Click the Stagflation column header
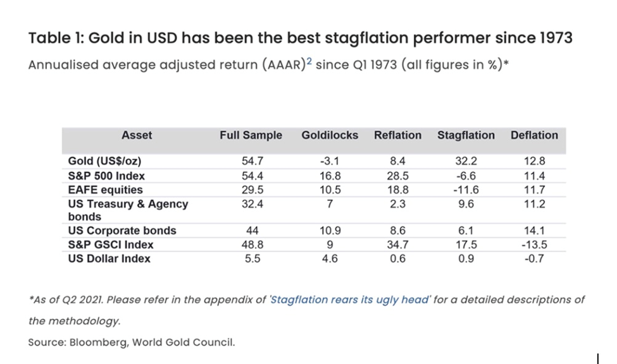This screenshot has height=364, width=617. coord(466,135)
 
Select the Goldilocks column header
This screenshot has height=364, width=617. coord(329,135)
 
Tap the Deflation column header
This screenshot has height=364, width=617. coord(534,135)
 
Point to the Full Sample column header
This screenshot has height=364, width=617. coord(251,135)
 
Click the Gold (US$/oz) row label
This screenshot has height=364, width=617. coord(104,162)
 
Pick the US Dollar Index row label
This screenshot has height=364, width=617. coord(109,258)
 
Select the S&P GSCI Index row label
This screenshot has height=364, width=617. coord(111,245)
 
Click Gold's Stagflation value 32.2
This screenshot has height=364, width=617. coord(466,162)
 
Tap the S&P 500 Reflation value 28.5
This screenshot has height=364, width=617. coord(397,176)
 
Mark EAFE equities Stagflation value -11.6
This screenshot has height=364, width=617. coord(466,190)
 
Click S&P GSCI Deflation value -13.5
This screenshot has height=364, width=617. coord(534,245)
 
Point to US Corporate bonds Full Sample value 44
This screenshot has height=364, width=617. coord(251,231)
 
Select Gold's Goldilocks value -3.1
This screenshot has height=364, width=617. coord(330,162)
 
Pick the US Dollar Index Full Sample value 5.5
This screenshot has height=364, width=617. coord(251,258)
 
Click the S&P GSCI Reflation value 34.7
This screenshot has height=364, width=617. coord(397,245)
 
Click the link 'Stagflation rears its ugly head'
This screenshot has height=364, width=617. coord(350,300)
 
